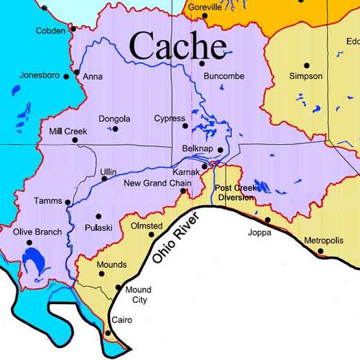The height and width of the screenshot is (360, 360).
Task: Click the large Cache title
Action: click(177, 47)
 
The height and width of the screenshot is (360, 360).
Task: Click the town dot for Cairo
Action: click(109, 333)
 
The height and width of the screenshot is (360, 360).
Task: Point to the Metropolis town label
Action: click(323, 240)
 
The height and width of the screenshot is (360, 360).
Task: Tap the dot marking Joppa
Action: click(268, 219)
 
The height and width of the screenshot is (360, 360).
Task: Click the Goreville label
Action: click(205, 7)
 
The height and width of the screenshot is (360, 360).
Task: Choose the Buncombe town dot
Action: click(201, 64)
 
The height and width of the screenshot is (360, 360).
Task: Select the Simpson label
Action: click(306, 76)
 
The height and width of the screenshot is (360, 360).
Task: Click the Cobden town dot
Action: click(73, 29)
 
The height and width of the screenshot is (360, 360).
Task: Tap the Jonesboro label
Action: click(41, 75)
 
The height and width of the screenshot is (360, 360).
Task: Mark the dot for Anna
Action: click(77, 72)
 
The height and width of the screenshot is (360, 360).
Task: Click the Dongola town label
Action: click(114, 119)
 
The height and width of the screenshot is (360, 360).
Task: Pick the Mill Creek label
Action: click(68, 131)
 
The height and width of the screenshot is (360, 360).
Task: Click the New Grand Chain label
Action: click(157, 183)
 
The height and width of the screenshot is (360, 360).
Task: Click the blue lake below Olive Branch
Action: click(31, 257)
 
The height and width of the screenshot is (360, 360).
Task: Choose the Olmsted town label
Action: click(146, 226)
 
